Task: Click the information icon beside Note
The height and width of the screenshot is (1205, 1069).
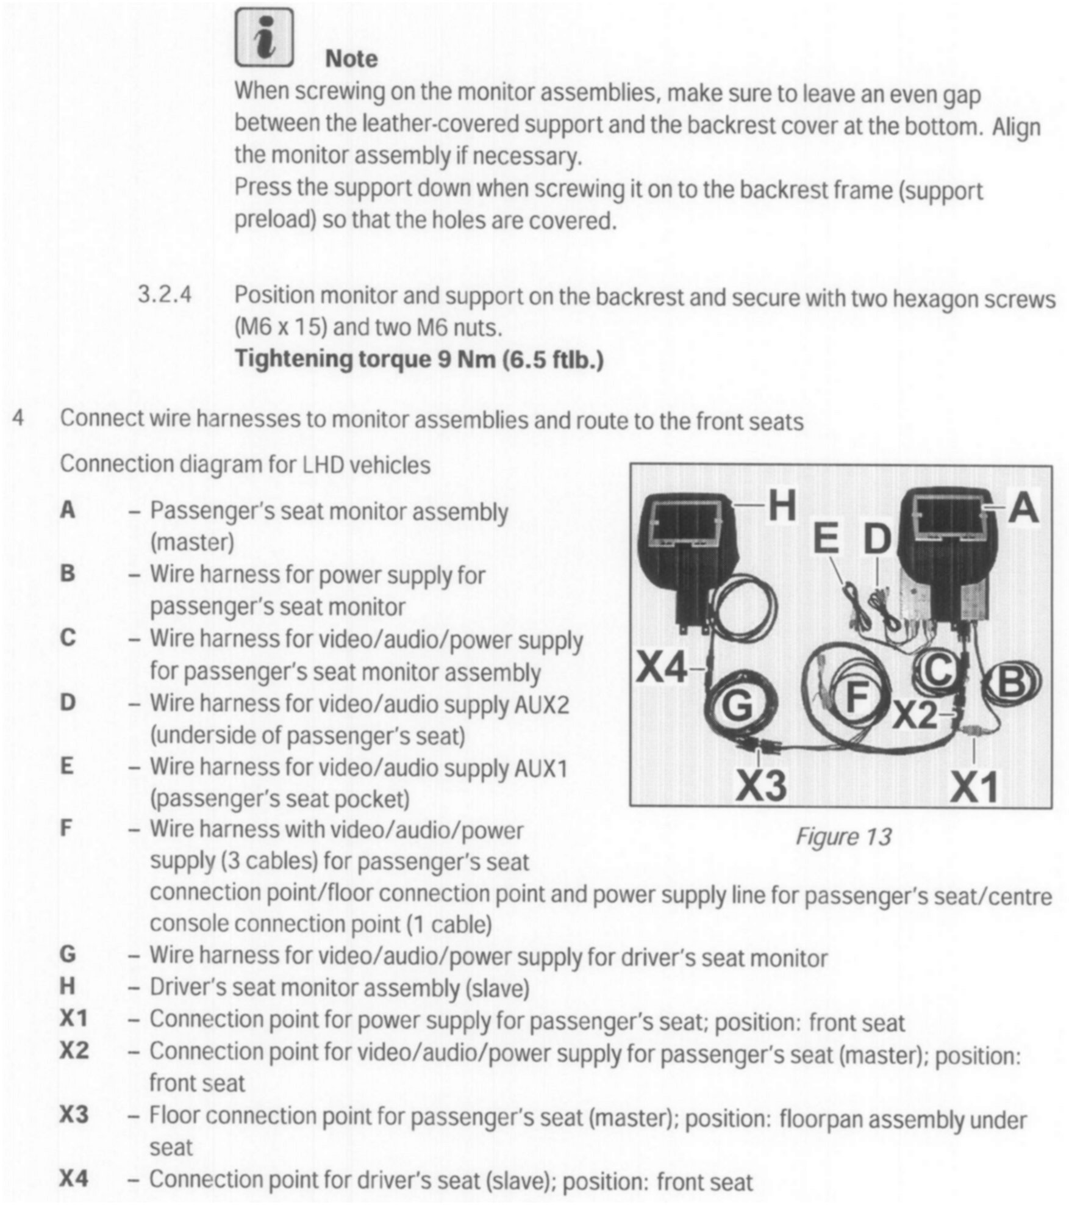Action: (x=264, y=38)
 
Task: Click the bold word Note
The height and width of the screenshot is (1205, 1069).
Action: (x=351, y=59)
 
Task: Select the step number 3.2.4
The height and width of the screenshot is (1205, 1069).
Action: (x=164, y=295)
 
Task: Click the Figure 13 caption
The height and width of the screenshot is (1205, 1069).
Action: (x=843, y=836)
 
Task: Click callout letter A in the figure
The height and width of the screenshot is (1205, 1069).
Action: (x=1024, y=508)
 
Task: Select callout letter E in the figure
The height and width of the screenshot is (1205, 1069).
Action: (x=826, y=539)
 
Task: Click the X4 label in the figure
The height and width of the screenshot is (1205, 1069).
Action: (x=662, y=669)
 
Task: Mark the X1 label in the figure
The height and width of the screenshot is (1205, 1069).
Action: (x=974, y=786)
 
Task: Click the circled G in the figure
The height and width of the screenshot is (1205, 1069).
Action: (x=737, y=707)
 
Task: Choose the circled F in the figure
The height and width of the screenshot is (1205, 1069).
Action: (x=857, y=697)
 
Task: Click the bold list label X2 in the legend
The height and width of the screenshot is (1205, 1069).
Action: (x=74, y=1050)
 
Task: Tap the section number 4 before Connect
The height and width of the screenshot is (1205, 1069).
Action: (x=18, y=419)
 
